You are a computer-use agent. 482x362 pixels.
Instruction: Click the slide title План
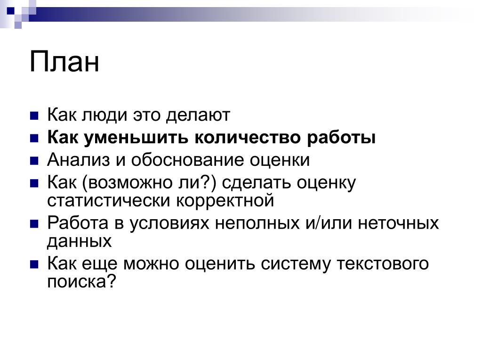tap(64, 62)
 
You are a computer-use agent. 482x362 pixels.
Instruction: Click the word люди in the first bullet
tap(104, 115)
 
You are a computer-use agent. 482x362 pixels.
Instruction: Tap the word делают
tap(198, 115)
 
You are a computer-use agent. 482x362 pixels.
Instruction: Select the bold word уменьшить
tap(136, 138)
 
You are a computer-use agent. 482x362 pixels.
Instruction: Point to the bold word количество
tap(248, 137)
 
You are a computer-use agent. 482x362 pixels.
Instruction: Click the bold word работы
tap(341, 138)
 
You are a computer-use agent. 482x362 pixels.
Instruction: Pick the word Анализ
tap(79, 160)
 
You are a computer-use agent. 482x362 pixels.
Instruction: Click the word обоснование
tap(187, 160)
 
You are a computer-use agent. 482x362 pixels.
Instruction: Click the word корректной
tap(225, 201)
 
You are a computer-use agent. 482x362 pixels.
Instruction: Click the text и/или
tap(329, 223)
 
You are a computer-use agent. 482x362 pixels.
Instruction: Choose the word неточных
tap(398, 223)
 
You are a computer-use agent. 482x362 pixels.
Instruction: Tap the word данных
tap(79, 241)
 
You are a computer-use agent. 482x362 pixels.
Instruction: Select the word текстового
tap(382, 264)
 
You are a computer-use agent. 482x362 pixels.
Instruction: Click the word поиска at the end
tap(76, 281)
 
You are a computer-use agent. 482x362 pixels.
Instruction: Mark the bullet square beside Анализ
tap(34, 161)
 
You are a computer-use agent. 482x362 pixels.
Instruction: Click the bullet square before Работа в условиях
tap(34, 224)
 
